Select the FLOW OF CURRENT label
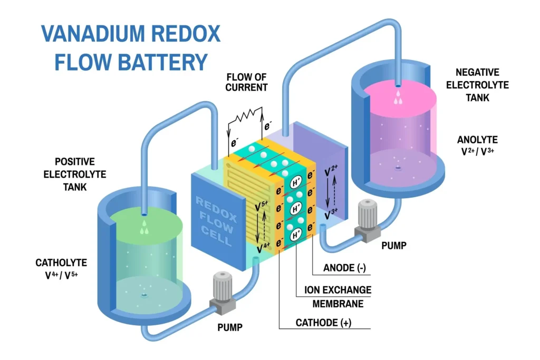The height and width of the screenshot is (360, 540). point(246,82)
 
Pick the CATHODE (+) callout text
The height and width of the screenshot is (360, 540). point(324,323)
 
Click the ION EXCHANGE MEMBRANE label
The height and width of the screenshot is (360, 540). point(337,297)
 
